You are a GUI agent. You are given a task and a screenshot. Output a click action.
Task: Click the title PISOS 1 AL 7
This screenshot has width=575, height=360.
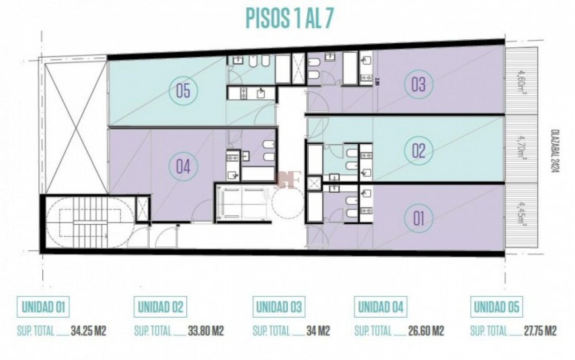pyautogui.click(x=290, y=18)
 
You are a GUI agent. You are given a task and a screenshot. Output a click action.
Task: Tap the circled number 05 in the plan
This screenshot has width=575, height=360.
pyautogui.click(x=183, y=91)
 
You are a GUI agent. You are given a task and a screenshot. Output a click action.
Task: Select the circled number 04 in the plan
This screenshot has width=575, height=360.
pyautogui.click(x=183, y=166)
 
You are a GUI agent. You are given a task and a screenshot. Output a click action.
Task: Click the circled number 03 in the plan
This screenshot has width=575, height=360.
pyautogui.click(x=419, y=84)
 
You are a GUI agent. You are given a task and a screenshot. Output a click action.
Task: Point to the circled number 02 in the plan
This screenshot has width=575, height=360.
pyautogui.click(x=419, y=151)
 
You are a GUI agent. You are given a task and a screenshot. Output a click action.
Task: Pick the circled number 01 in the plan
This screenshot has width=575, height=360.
pyautogui.click(x=419, y=218)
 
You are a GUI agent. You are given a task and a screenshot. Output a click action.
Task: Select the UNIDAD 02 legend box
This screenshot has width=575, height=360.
pyautogui.click(x=161, y=307)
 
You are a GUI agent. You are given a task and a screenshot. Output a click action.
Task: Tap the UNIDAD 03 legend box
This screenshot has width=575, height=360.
pyautogui.click(x=279, y=307)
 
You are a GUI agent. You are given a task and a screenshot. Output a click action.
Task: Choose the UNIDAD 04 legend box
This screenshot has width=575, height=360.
pyautogui.click(x=381, y=307)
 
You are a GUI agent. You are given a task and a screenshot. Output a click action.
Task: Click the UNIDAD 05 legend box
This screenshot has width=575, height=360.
pyautogui.click(x=496, y=307)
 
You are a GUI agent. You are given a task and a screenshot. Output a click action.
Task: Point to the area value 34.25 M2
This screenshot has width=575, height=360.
pyautogui.click(x=88, y=331)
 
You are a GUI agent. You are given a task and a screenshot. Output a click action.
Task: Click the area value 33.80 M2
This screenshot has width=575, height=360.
pyautogui.click(x=206, y=331)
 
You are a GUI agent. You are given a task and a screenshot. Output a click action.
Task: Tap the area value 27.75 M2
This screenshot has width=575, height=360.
pyautogui.click(x=539, y=331)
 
